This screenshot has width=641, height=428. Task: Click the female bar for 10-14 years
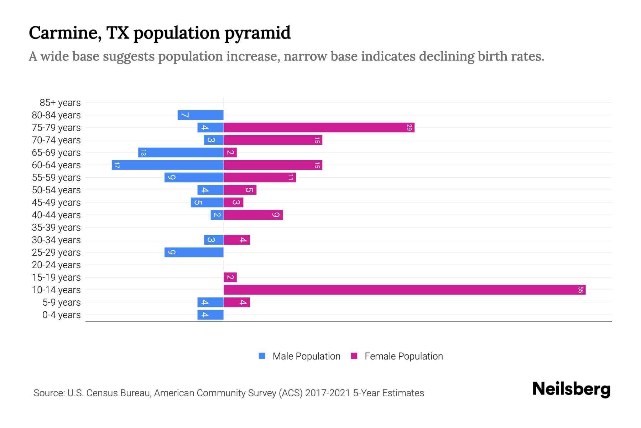[405, 290]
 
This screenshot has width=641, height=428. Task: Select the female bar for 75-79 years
[319, 128]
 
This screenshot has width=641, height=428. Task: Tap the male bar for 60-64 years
[167, 165]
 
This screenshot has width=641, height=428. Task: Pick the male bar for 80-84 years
[200, 115]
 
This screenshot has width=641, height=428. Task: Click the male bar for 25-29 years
[194, 253]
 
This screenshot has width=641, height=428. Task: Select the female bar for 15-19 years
[230, 277]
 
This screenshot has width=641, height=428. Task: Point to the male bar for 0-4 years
[210, 315]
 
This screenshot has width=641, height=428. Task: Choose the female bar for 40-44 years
[253, 215]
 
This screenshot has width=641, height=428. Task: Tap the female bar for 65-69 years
[230, 153]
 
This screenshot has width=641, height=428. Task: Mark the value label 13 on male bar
[143, 153]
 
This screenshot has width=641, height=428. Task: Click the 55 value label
[580, 290]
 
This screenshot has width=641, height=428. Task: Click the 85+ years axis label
[60, 103]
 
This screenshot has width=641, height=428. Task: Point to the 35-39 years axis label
[56, 228]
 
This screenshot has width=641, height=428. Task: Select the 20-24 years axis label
[56, 265]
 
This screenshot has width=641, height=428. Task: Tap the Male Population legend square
[262, 356]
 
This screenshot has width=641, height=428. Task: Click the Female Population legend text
[403, 356]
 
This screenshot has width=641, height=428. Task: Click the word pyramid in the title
[257, 33]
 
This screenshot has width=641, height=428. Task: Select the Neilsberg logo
[571, 389]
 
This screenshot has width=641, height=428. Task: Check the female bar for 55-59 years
[260, 178]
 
